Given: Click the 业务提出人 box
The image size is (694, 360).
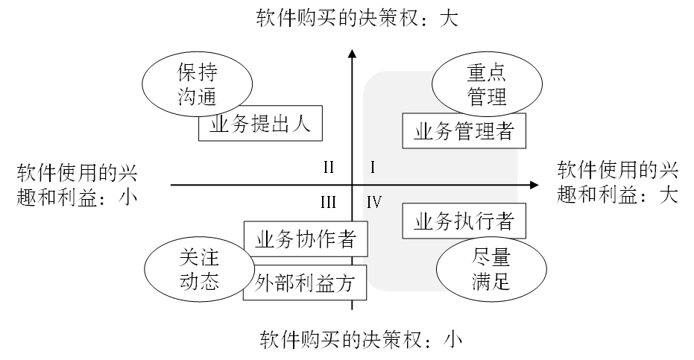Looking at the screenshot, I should tap(260, 125).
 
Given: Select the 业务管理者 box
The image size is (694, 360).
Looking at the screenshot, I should tap(463, 131).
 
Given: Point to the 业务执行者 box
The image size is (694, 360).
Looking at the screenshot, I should tap(463, 221).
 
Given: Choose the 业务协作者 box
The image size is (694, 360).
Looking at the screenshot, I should tap(305, 239).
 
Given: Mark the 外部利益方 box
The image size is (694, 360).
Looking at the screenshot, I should tap(305, 282).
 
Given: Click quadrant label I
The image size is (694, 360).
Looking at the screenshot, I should tap(372, 167).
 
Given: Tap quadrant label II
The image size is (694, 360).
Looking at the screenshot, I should tap(328, 167).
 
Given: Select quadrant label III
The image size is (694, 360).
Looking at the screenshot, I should tap(328, 201).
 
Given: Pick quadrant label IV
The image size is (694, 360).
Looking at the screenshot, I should tap(374, 201).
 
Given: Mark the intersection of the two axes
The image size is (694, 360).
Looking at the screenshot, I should tap(352, 184).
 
